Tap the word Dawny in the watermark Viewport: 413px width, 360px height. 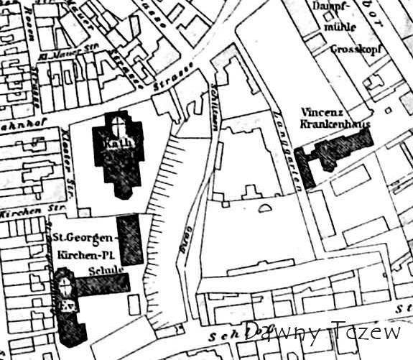click(284, 332)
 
